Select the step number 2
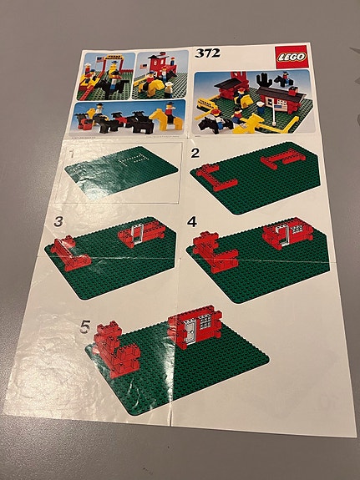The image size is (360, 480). pos(195,154)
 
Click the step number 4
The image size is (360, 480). pos(193,223)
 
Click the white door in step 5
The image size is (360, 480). pos(191,332)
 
